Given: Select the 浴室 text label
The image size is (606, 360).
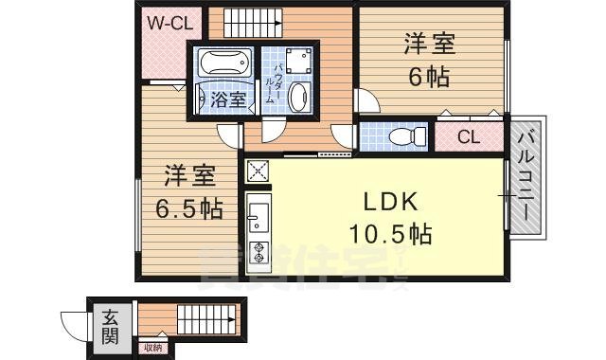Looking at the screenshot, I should pyautogui.click(x=229, y=99).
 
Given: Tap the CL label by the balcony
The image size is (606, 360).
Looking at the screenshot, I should pyautogui.click(x=468, y=136).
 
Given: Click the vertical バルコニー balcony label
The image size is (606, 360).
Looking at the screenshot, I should pyautogui.click(x=527, y=175).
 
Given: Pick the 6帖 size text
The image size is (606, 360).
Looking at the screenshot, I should pyautogui.click(x=429, y=77).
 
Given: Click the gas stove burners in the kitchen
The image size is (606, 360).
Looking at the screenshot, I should pyautogui.click(x=257, y=252).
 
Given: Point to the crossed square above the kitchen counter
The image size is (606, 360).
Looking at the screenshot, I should pyautogui.click(x=257, y=171).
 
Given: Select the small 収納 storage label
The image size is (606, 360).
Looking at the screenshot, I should pyautogui.click(x=153, y=348).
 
